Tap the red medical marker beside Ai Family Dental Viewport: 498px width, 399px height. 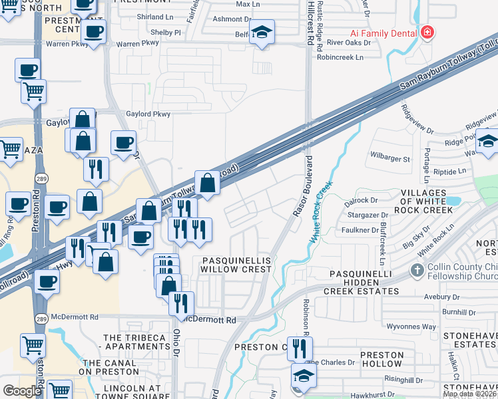click(427, 33)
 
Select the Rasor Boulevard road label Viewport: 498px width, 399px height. click(304, 187)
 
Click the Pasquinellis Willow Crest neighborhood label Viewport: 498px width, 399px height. click(236, 265)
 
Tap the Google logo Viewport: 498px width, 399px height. click(22, 391)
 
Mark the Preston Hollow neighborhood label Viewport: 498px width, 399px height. click(381, 360)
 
